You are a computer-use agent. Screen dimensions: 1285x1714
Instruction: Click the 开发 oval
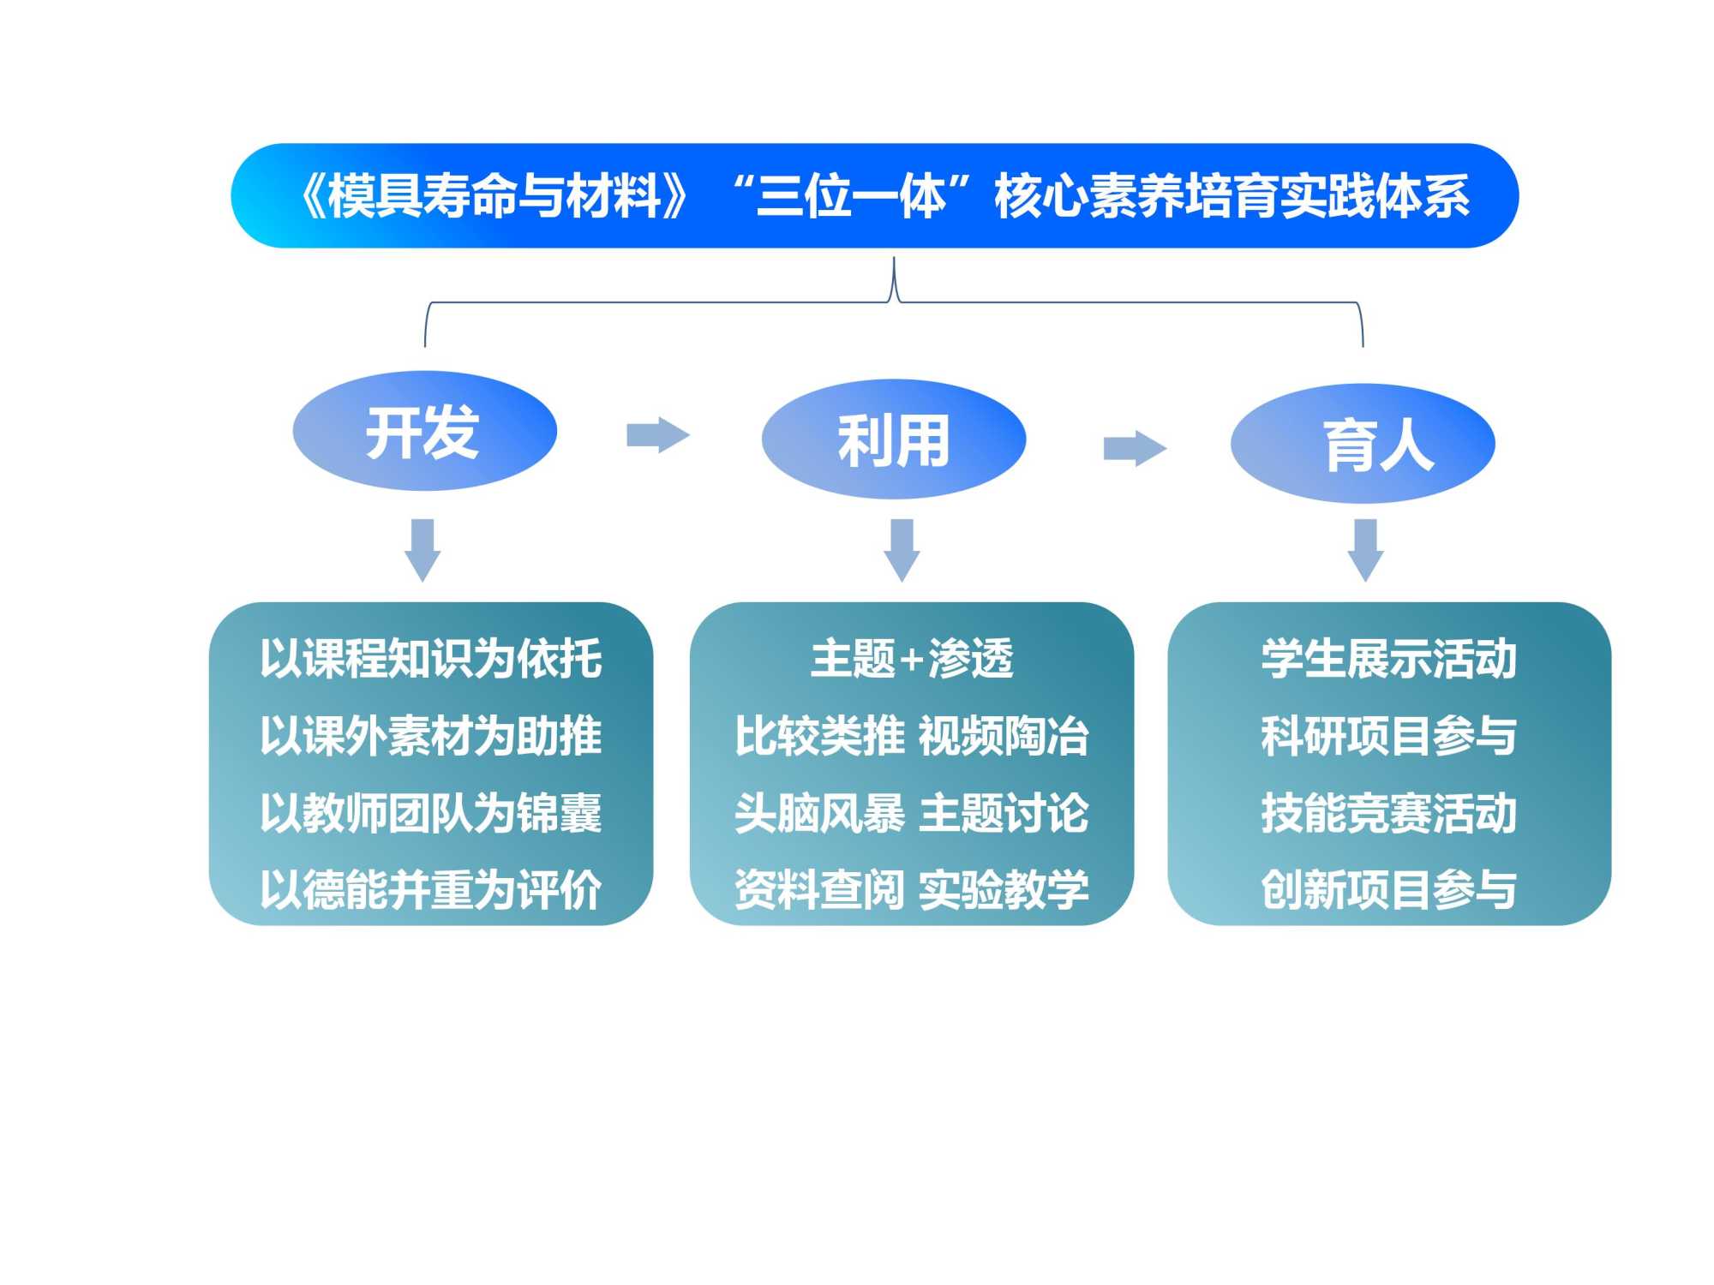click(x=424, y=431)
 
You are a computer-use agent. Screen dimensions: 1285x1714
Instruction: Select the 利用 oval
click(x=893, y=439)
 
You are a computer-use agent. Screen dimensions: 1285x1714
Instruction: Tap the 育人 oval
click(x=1363, y=444)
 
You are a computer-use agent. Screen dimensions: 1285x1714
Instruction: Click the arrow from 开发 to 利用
click(x=657, y=434)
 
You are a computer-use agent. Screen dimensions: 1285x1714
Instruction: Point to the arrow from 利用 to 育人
click(x=1134, y=447)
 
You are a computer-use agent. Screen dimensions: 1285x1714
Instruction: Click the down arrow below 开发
click(x=423, y=549)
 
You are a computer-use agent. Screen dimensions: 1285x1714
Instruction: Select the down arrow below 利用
click(x=902, y=549)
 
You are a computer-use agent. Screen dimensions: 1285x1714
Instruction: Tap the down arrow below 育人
click(x=1365, y=549)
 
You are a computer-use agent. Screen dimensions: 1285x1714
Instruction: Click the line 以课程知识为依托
click(x=430, y=658)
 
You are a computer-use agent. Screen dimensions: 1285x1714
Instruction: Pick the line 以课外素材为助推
click(x=430, y=735)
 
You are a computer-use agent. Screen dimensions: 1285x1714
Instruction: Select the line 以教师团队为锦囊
click(x=430, y=812)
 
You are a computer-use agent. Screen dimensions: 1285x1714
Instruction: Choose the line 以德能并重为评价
click(x=430, y=888)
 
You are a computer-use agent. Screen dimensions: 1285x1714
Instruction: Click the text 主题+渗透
click(x=911, y=658)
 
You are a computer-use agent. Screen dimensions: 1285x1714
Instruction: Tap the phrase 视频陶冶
click(x=1003, y=735)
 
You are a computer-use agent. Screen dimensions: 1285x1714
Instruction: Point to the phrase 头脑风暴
click(x=819, y=812)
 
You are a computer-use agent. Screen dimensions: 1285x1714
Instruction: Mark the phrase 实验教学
click(x=1003, y=888)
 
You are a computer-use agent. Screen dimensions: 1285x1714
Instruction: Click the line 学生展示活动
click(x=1388, y=658)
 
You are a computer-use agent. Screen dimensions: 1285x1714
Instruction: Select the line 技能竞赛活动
click(x=1388, y=812)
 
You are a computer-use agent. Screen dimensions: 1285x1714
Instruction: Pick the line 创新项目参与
click(x=1388, y=888)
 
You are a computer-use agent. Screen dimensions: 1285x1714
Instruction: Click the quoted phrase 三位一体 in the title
click(x=852, y=196)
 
